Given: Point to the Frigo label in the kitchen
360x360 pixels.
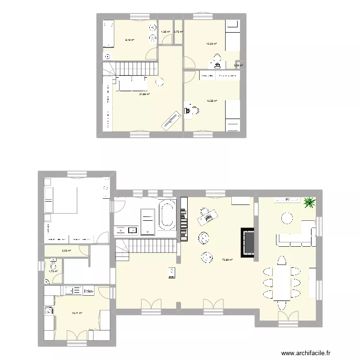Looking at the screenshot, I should [88, 290].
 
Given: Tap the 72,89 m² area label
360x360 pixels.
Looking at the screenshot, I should [227, 260].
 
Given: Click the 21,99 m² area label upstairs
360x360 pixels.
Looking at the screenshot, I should [144, 94].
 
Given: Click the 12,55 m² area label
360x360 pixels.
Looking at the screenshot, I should [212, 101].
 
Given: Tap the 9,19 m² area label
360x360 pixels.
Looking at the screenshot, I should [130, 40].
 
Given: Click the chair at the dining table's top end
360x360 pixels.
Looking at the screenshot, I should [282, 261].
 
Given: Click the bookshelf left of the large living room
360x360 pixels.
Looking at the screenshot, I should [183, 219].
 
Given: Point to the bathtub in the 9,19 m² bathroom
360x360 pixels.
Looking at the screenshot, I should [108, 34].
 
